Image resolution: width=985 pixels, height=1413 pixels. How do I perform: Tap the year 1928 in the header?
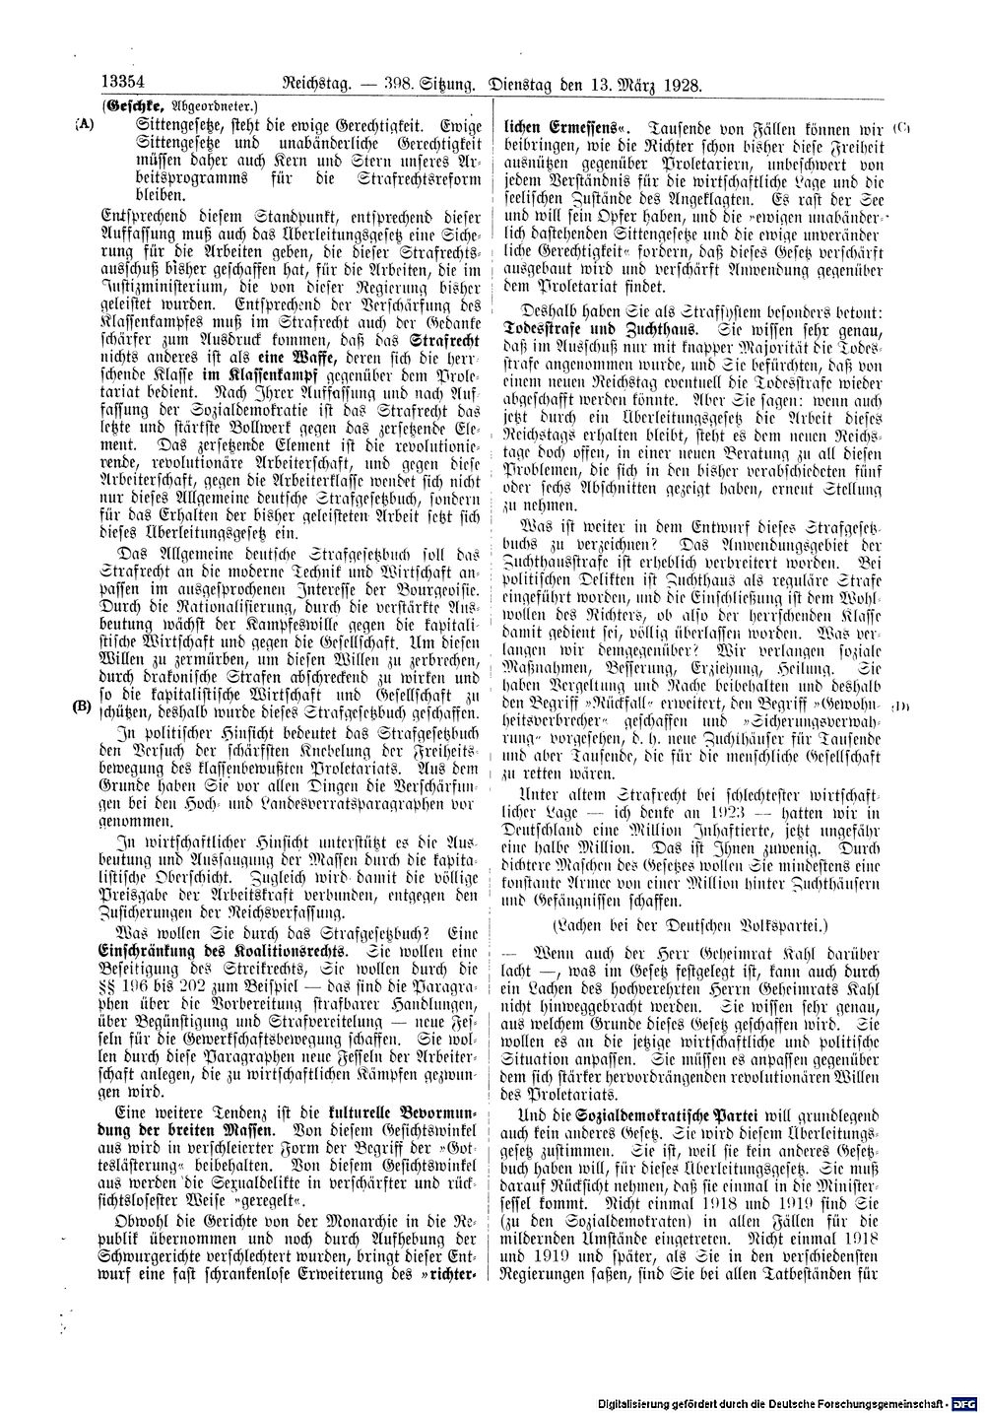point(681,85)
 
